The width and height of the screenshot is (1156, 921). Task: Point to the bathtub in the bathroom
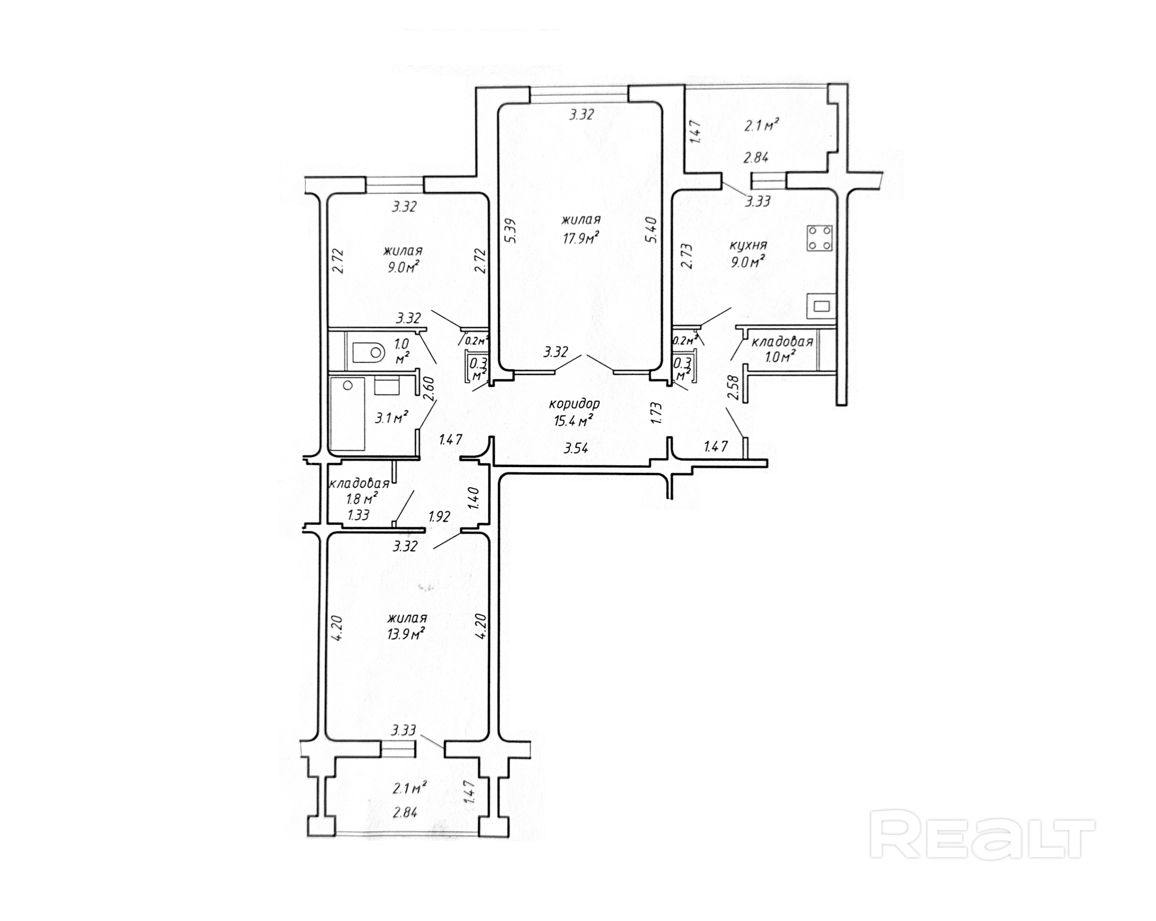click(x=348, y=413)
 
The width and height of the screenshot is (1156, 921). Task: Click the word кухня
click(x=749, y=246)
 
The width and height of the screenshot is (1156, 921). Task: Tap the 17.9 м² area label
click(x=580, y=237)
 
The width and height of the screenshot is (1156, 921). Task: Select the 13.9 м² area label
click(x=406, y=634)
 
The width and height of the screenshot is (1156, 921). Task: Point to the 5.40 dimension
click(x=652, y=230)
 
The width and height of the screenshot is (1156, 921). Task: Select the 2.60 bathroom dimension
click(x=429, y=389)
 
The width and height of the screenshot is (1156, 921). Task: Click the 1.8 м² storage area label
click(x=362, y=498)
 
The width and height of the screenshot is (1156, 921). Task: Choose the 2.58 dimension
click(x=734, y=388)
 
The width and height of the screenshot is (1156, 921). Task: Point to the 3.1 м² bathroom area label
click(x=391, y=418)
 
